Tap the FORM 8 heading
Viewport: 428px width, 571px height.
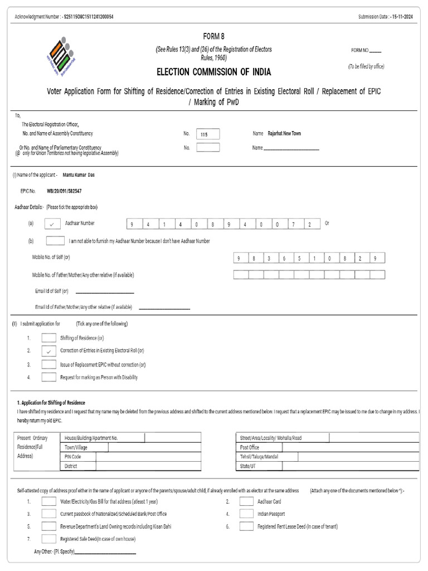tap(214, 37)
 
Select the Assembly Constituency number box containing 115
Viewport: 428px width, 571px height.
tap(208, 134)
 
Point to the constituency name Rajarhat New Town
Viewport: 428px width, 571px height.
tap(284, 134)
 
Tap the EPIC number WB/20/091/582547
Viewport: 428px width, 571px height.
tap(65, 191)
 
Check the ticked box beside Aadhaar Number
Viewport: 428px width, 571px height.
tap(51, 224)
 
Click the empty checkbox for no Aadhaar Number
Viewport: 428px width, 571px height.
tap(55, 241)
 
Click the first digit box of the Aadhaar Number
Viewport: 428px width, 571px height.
tap(133, 224)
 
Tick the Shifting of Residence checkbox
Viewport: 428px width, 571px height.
tap(48, 337)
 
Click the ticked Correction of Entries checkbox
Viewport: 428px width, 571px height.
tap(48, 351)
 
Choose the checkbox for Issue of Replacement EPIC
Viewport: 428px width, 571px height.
tap(48, 364)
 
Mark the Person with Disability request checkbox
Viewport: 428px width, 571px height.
tap(48, 377)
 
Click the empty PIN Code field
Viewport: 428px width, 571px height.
tap(148, 457)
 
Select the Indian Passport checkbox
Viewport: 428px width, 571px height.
tap(246, 514)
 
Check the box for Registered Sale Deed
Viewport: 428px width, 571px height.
tap(48, 539)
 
